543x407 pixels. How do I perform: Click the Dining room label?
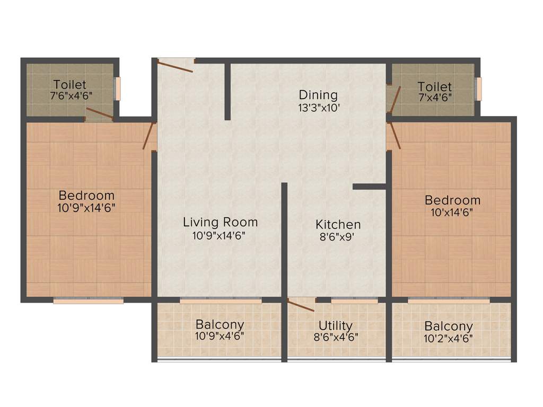[318, 95]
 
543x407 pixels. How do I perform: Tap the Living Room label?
[220, 222]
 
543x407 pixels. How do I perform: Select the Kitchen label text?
[338, 225]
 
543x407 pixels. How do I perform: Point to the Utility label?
[335, 325]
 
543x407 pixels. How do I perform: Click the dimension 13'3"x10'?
[318, 108]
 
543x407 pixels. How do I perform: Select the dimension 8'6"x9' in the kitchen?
[338, 237]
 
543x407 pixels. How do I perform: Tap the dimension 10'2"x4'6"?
[449, 339]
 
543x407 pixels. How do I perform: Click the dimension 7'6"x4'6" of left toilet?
[69, 96]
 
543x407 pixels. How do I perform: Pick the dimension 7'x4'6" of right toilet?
[434, 98]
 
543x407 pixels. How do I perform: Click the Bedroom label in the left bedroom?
[86, 194]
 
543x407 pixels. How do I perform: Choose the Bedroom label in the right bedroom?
[452, 200]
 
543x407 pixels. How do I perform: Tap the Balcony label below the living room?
[220, 324]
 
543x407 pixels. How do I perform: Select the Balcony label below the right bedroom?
[449, 326]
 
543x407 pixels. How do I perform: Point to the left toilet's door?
[99, 113]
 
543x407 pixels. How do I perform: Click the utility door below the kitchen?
[301, 305]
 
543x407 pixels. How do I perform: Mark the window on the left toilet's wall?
[118, 89]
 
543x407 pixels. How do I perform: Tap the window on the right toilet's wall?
[479, 89]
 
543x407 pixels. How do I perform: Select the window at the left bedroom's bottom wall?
[88, 300]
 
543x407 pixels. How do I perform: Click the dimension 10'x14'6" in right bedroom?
[452, 213]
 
